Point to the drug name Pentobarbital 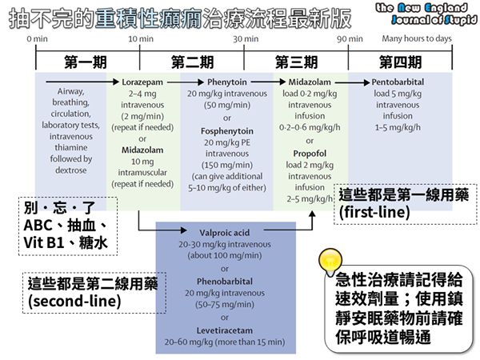pos(398,82)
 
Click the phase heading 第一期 pos(86,62)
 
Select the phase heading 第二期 pos(192,62)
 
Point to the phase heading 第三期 pos(296,62)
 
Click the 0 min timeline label pos(35,38)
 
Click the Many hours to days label pos(417,38)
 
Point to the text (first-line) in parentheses pos(373,214)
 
